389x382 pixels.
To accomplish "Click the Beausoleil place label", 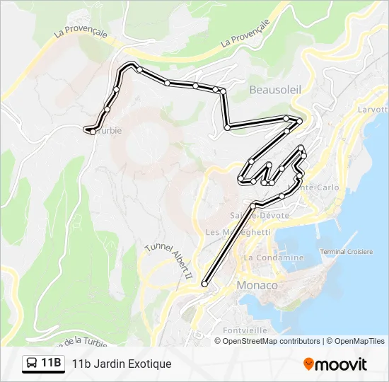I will click(275, 90).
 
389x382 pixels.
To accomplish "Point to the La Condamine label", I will click(274, 257).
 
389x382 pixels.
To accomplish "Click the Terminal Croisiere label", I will click(347, 252).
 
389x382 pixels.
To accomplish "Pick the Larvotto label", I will click(373, 110).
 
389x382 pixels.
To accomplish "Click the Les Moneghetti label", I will click(238, 232).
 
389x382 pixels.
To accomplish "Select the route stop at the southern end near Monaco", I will click(205, 284).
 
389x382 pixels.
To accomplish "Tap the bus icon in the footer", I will click(33, 364).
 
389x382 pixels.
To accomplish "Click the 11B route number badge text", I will click(51, 364).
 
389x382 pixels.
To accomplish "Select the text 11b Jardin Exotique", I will click(122, 364).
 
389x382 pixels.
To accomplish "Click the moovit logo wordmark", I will click(341, 364).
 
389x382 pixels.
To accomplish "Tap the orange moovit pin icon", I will click(308, 364).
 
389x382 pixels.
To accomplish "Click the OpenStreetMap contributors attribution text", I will click(271, 341).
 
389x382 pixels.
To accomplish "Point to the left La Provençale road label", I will click(80, 33).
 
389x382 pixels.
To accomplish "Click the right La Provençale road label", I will click(247, 33).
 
